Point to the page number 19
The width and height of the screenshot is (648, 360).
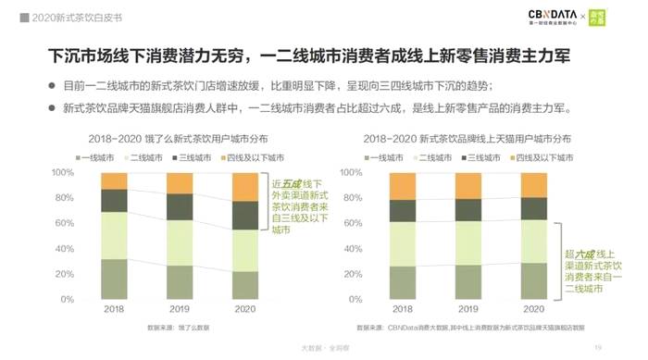coord(599,349)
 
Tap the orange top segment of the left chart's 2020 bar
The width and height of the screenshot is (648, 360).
coord(245,187)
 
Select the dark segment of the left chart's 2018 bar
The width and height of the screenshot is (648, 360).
coord(114,201)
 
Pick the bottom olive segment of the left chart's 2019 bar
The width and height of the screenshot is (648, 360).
coord(180,281)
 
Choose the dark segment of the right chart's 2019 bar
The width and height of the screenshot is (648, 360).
coord(467,210)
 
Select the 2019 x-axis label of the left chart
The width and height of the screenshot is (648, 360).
coord(180,307)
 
